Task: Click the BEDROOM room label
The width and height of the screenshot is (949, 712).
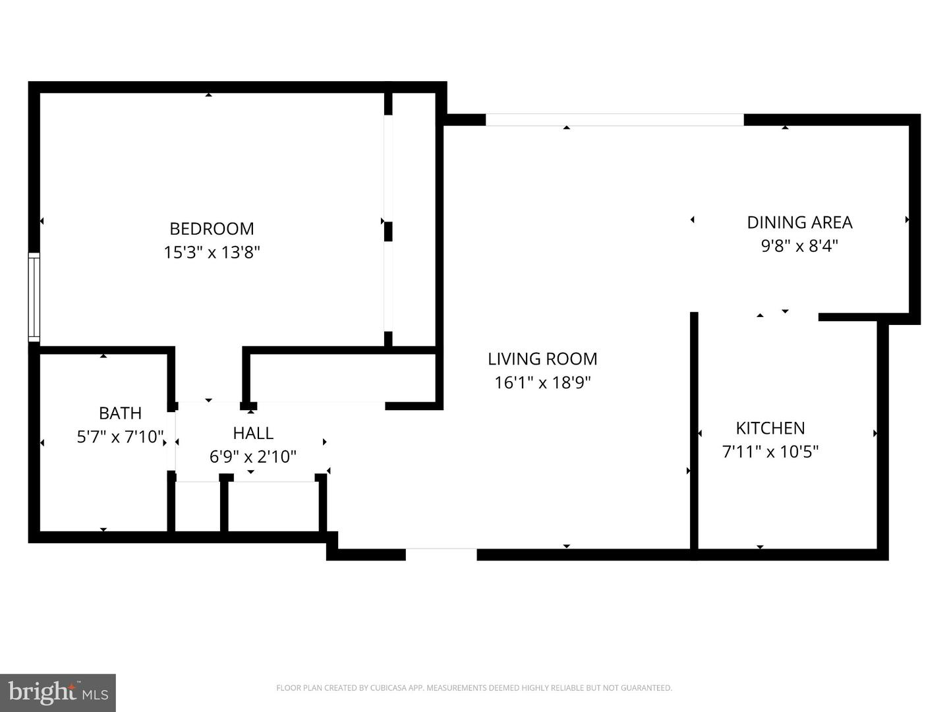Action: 212,229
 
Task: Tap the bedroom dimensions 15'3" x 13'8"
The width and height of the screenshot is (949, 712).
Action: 212,252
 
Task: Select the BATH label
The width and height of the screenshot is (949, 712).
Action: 120,413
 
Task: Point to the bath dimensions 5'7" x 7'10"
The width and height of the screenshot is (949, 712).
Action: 120,436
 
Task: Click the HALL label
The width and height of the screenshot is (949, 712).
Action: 253,433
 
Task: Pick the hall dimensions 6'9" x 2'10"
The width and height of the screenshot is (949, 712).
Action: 253,456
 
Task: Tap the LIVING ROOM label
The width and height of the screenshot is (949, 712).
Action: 542,359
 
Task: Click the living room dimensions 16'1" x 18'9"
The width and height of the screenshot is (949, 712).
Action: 542,382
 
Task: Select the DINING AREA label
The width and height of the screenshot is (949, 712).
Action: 799,223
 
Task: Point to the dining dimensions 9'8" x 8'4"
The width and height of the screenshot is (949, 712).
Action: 799,246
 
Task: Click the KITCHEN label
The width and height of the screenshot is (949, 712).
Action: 770,429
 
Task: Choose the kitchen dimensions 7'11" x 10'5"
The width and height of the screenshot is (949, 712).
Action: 770,452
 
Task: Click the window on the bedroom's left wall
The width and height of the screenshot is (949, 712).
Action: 34,297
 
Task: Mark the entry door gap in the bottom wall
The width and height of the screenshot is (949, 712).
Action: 441,554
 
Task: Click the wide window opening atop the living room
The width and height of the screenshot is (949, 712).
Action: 615,120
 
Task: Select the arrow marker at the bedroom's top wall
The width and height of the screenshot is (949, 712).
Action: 208,95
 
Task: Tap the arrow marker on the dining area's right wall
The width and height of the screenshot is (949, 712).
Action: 907,220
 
